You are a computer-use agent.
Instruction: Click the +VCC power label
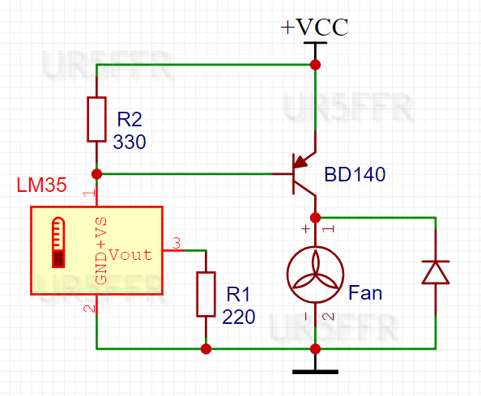click(314, 27)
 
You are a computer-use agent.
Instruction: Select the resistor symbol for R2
click(96, 119)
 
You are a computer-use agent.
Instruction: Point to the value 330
click(130, 143)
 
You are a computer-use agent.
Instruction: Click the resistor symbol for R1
click(206, 294)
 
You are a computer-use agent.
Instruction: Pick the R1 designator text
click(239, 293)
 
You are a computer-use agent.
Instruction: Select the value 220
click(240, 316)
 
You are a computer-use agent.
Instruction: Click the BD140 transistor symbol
click(304, 173)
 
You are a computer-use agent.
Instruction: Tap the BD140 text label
click(355, 174)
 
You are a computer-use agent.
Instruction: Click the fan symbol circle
click(315, 269)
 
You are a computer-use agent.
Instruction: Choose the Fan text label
click(365, 292)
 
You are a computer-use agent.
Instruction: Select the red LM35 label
click(41, 185)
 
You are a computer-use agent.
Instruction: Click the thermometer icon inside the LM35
click(58, 242)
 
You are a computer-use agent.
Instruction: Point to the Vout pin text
click(130, 254)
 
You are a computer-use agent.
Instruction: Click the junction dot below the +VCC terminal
click(315, 64)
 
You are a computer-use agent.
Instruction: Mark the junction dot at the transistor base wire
click(97, 173)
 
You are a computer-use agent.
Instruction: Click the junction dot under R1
click(206, 349)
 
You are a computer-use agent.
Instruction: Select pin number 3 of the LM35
click(177, 241)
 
